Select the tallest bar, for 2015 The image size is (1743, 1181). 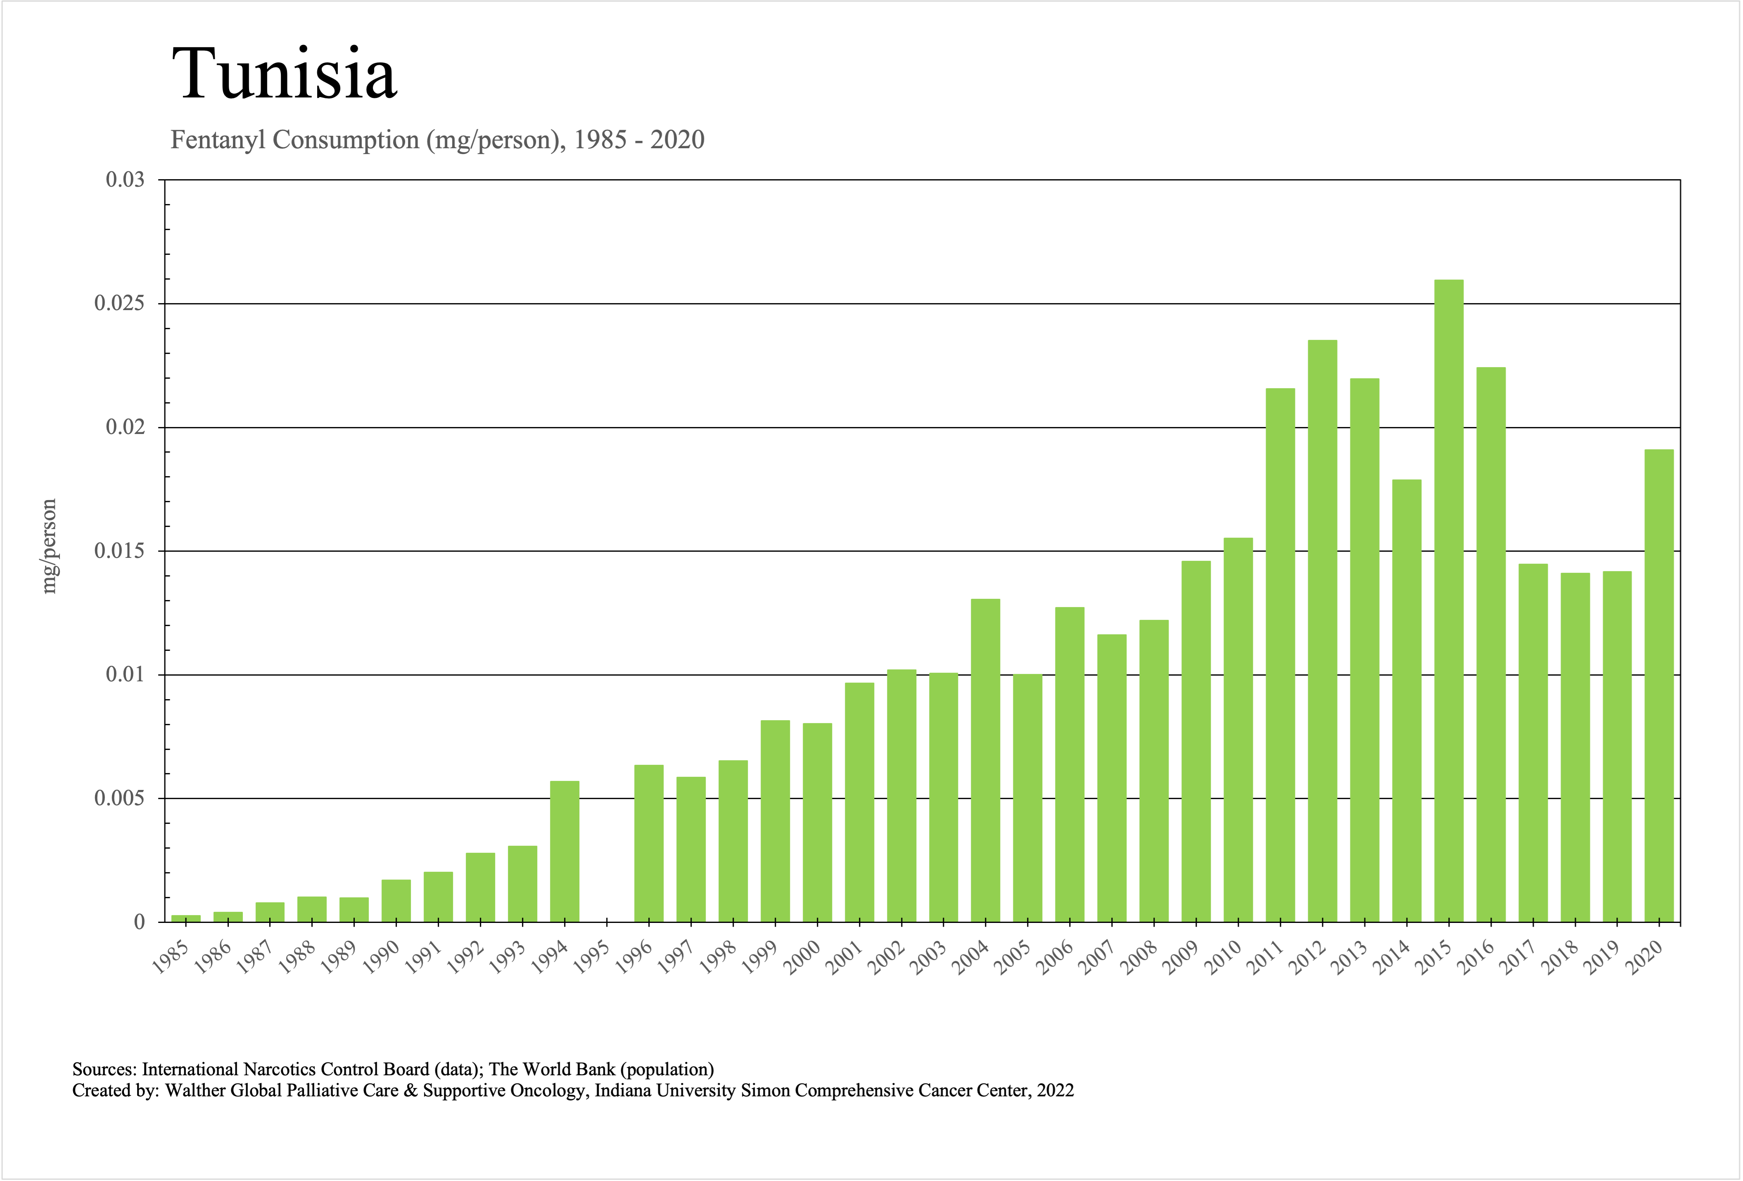coord(1448,600)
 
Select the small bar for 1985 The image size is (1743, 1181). coord(186,918)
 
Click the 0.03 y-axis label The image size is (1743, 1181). coord(125,180)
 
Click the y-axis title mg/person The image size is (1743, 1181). coord(50,546)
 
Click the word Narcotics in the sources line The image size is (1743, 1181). coord(279,1069)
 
